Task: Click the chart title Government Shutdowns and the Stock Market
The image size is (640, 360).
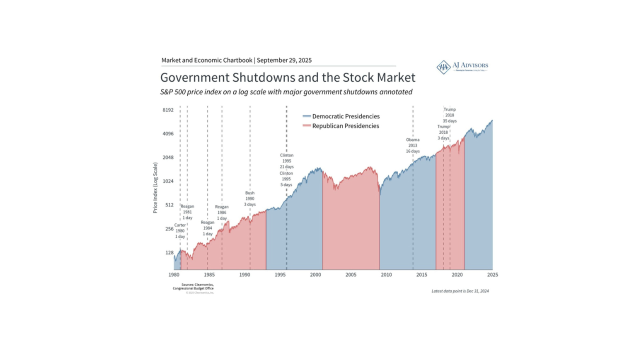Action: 287,78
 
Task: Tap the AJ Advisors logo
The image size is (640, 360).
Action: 462,67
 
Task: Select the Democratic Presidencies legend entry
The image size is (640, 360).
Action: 345,116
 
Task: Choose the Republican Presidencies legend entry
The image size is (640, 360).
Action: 345,126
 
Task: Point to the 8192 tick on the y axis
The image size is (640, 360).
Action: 167,110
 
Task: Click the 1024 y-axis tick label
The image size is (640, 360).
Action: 167,181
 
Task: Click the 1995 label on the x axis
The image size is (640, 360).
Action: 280,274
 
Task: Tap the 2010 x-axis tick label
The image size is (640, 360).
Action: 386,274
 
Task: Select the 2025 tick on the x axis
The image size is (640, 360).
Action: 492,274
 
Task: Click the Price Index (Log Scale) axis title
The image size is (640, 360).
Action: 155,187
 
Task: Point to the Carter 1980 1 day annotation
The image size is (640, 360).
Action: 180,230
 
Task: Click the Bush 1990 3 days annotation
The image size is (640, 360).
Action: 250,198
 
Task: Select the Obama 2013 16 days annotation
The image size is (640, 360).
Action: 412,145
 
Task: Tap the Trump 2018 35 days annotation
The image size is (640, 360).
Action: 449,115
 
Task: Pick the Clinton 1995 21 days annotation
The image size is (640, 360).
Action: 286,161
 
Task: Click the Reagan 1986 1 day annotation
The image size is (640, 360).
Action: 221,212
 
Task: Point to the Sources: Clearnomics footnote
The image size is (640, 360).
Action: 193,286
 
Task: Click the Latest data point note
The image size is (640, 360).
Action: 460,291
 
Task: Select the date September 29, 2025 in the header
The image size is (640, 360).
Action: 284,60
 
